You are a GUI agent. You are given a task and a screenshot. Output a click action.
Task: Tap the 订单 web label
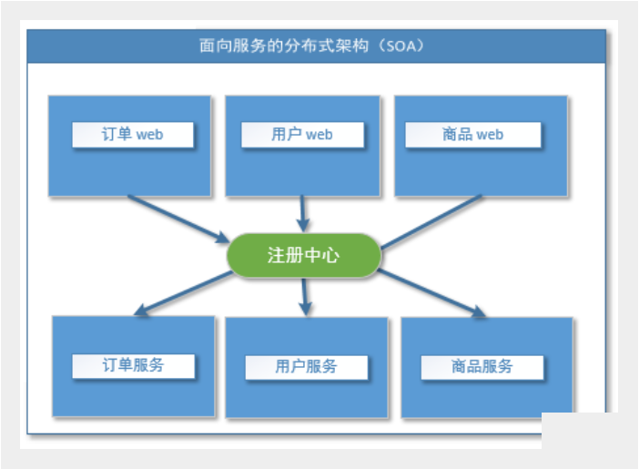(132, 135)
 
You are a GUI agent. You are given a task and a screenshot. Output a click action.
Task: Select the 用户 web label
(302, 135)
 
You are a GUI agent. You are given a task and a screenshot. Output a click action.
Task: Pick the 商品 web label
(472, 135)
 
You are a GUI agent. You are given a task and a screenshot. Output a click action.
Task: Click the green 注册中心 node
(303, 255)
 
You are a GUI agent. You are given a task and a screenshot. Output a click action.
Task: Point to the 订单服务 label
(133, 365)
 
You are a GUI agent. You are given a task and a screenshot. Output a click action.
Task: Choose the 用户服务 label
(306, 366)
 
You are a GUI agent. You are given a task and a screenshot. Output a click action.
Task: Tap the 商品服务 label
(482, 366)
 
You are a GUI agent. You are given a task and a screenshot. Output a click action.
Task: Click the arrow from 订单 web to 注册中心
(177, 219)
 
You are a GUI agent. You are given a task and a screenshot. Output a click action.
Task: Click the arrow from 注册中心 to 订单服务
(182, 294)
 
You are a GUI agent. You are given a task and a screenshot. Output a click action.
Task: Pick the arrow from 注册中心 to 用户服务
(306, 296)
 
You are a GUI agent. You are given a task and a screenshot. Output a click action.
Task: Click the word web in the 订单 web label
(149, 135)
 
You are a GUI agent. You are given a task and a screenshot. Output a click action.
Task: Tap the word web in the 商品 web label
(490, 135)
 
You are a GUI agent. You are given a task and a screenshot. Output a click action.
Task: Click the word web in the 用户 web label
(319, 135)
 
